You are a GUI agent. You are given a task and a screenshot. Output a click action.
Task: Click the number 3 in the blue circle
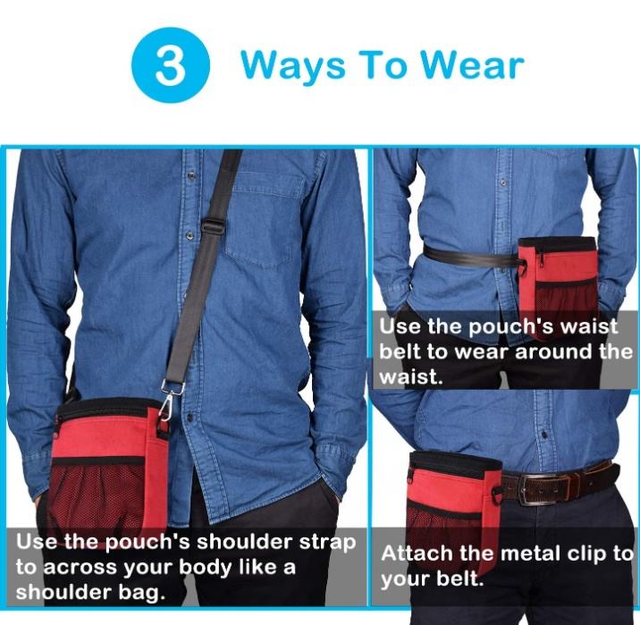coord(170,65)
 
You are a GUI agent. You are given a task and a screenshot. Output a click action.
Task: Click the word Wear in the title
coord(472,64)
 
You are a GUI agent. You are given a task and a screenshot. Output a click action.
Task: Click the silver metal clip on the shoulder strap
coord(170,400)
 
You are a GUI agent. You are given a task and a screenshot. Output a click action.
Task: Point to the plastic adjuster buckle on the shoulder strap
coord(212,225)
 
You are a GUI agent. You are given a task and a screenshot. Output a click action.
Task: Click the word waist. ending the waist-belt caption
coord(410,376)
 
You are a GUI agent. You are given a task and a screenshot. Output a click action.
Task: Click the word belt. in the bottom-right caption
coord(460,579)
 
